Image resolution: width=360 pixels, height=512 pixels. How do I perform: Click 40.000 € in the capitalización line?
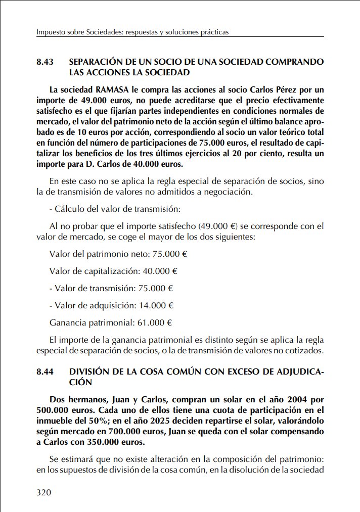point(160,271)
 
